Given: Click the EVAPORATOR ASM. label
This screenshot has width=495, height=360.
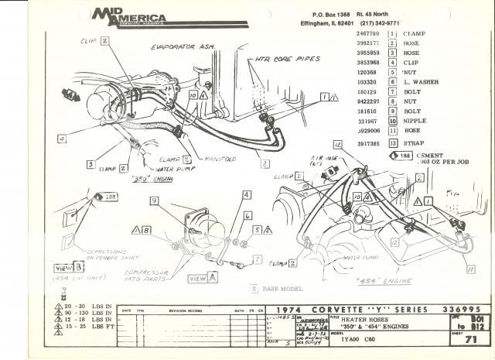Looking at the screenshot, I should (185, 48).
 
